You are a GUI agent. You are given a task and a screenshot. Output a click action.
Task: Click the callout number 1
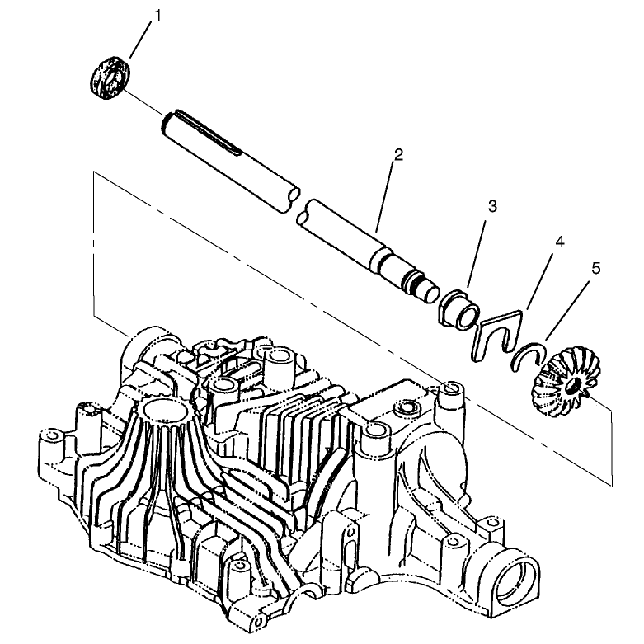tap(157, 16)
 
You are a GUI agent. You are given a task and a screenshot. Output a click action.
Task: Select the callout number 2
tap(398, 155)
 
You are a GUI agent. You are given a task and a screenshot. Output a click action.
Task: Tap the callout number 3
tap(492, 206)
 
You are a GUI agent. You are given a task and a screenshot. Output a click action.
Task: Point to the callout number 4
tap(559, 242)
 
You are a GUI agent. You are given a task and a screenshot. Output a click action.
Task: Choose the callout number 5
tap(596, 269)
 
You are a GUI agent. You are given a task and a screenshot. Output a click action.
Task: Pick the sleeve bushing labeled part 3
tap(458, 308)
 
